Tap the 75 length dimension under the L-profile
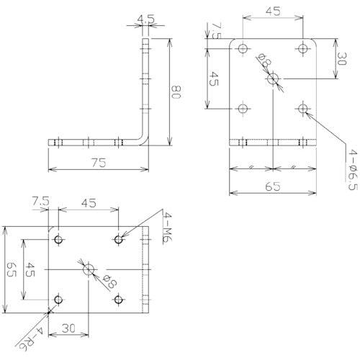click(x=99, y=163)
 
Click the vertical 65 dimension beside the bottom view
click(x=10, y=270)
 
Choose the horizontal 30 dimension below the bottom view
click(x=70, y=328)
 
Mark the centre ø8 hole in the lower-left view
click(x=88, y=269)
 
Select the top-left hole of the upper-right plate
click(x=243, y=50)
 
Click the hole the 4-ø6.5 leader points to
click(x=302, y=109)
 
